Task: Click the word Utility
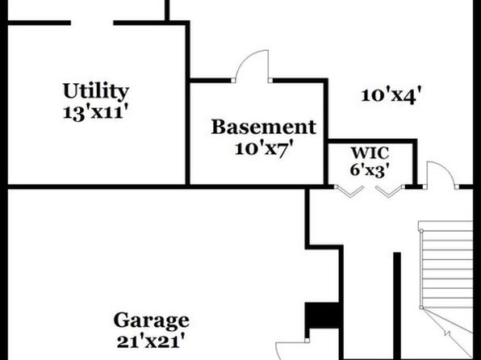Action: tap(96, 91)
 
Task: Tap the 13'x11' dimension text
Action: tap(94, 113)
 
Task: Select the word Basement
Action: tap(264, 127)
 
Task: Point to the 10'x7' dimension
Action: tap(262, 149)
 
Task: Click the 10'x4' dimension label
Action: tap(389, 95)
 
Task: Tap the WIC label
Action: tap(370, 153)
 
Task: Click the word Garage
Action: tap(151, 320)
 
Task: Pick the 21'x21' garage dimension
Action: tap(151, 341)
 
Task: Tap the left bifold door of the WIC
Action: tap(349, 191)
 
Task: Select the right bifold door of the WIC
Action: tap(390, 191)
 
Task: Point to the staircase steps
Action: tap(447, 265)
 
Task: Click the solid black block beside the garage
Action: tap(322, 316)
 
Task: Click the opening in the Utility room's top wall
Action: tap(92, 23)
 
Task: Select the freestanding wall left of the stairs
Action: tap(397, 306)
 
